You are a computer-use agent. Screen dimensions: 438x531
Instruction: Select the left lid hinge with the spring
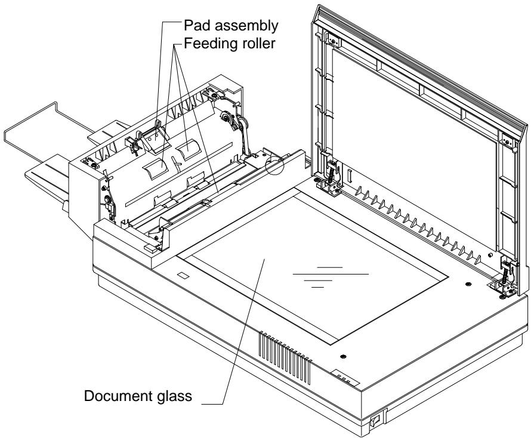click(328, 174)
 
